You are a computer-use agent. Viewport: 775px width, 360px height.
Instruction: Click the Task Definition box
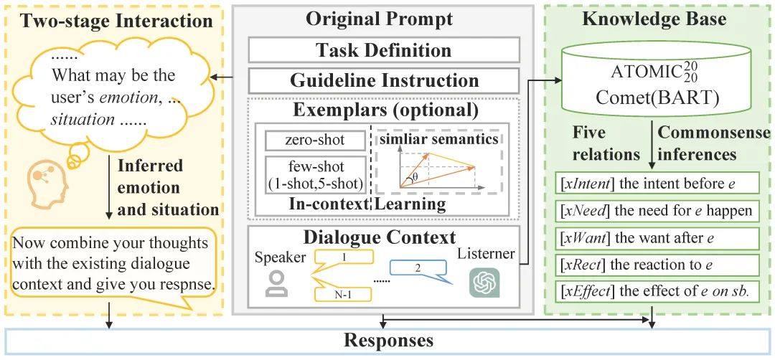click(384, 50)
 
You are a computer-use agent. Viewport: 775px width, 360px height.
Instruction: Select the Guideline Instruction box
click(384, 80)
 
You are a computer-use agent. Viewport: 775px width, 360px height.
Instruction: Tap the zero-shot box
click(314, 141)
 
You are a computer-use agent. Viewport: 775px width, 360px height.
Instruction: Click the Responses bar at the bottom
click(388, 340)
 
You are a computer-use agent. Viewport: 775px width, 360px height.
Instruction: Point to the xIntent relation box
click(658, 184)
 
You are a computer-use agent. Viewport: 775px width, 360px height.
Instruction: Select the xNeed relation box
click(658, 211)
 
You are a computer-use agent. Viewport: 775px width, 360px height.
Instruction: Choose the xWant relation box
click(658, 238)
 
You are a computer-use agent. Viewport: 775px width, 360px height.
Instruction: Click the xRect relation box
click(658, 265)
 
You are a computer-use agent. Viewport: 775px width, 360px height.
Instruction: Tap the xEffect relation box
click(658, 292)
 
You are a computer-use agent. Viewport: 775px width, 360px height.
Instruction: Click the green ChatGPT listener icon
click(484, 282)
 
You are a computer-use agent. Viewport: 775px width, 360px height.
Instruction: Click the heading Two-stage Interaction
click(116, 19)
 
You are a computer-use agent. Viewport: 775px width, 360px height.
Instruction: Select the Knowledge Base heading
click(654, 19)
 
